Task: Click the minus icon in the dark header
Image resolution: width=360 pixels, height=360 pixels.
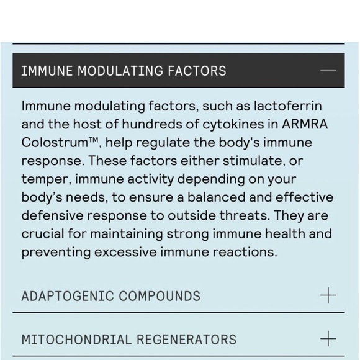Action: [x=328, y=70]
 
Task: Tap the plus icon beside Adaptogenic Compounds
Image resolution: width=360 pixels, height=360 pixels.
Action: [x=328, y=295]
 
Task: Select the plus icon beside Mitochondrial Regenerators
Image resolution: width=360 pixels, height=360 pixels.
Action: [x=328, y=339]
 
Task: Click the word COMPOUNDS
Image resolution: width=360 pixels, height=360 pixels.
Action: [x=161, y=296]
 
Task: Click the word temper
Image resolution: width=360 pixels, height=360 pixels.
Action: [x=43, y=179]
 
